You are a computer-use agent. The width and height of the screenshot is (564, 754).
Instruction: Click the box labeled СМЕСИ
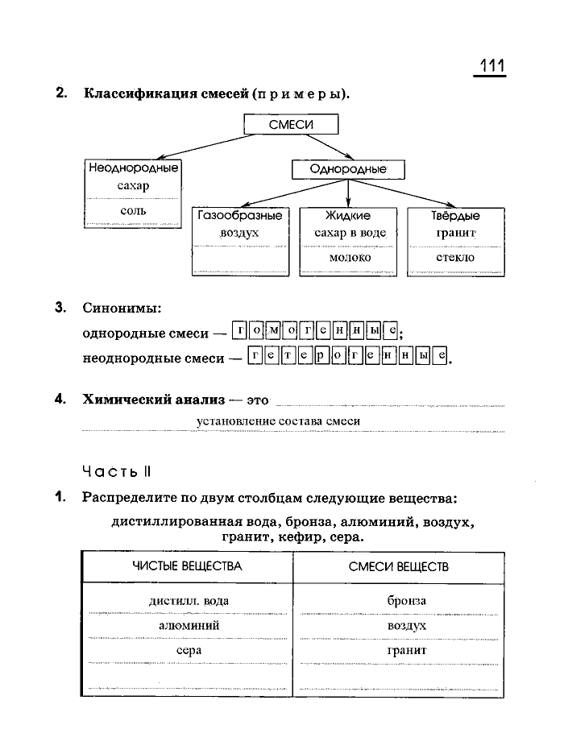click(291, 124)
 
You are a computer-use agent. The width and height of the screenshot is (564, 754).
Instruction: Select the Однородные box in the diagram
click(348, 170)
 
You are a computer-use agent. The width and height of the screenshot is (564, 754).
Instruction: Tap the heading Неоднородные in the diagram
click(133, 168)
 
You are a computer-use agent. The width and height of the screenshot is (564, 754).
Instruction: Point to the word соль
click(133, 210)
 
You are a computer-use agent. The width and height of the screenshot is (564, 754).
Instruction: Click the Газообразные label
click(239, 216)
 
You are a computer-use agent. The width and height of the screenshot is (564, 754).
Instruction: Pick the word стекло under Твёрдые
click(455, 258)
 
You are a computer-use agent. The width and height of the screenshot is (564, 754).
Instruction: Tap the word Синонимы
click(122, 308)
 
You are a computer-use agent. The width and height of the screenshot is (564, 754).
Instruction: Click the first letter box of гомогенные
click(239, 330)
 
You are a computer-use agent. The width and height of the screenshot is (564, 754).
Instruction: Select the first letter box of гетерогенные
click(255, 357)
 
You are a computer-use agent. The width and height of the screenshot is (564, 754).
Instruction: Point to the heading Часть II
click(116, 470)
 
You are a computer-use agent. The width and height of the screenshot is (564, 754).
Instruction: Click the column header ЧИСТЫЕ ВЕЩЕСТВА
click(187, 566)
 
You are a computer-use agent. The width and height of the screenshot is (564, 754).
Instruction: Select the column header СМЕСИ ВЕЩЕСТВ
click(399, 566)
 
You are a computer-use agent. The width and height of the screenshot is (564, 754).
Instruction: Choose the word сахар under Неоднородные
click(133, 186)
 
